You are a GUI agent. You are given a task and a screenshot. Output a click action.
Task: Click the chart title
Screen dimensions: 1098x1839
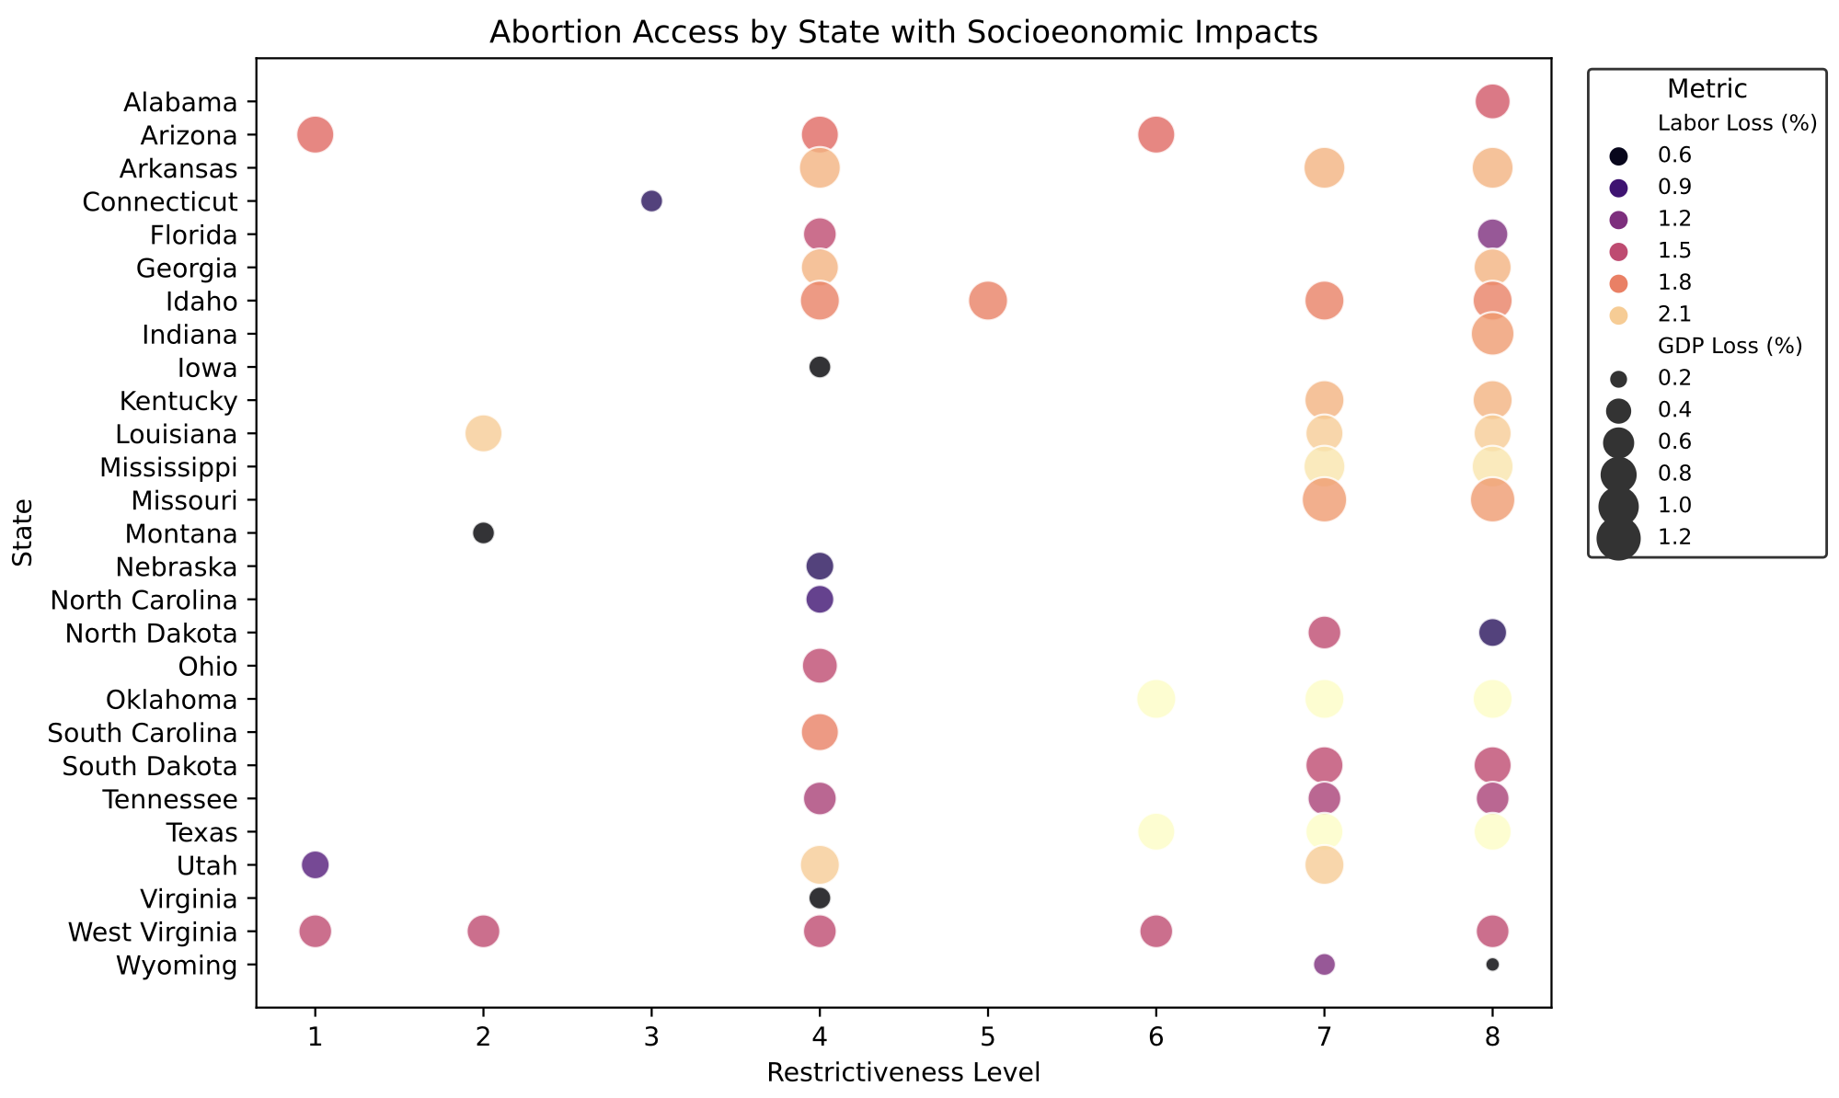click(903, 33)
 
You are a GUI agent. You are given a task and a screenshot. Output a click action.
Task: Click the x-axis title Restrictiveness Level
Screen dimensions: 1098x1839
click(903, 1073)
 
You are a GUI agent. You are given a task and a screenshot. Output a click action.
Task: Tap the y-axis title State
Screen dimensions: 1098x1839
click(23, 532)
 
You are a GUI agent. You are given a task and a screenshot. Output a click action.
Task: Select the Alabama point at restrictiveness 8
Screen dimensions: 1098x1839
click(1492, 101)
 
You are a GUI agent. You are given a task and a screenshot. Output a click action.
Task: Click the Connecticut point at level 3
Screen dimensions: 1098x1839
click(651, 200)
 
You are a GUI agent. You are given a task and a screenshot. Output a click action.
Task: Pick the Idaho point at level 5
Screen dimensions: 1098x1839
click(988, 301)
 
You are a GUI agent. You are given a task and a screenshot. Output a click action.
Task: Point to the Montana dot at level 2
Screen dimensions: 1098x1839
click(483, 532)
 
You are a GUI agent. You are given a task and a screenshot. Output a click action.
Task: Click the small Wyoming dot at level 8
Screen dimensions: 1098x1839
click(1492, 965)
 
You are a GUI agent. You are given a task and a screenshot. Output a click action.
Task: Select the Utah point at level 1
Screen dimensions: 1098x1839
click(315, 864)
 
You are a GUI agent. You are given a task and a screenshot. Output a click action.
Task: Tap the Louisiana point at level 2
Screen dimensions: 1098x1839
click(483, 433)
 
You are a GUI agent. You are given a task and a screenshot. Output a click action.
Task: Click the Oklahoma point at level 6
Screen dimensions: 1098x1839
click(1155, 699)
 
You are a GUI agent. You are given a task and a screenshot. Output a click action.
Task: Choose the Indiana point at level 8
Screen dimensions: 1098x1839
click(1492, 334)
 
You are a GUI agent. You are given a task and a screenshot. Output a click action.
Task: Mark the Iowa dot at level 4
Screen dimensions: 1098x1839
click(820, 367)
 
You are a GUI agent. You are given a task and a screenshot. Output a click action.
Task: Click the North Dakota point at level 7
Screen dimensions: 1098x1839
click(1324, 633)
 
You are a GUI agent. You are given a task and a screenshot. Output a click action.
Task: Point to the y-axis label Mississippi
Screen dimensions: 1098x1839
click(168, 467)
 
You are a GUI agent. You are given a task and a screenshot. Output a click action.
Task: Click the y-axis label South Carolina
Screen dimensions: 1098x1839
click(143, 733)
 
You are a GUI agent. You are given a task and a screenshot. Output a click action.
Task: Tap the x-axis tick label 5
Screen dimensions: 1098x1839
click(988, 1037)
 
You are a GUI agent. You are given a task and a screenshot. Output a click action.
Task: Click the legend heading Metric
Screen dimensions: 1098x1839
click(1707, 89)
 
